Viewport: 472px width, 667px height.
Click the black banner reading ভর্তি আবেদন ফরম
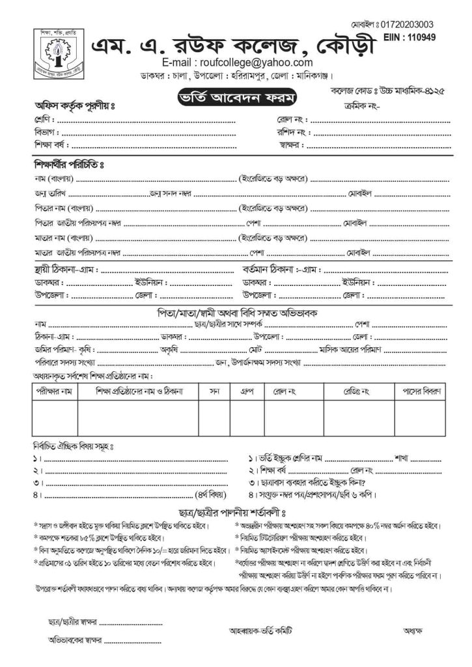[x=237, y=99]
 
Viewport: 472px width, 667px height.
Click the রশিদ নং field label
[x=291, y=133]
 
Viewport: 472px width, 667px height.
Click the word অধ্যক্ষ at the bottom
[x=413, y=631]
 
